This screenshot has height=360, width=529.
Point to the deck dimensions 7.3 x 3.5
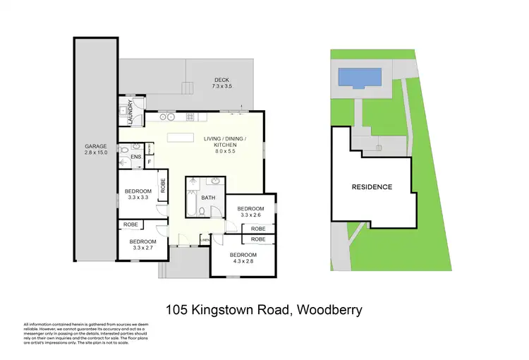222,86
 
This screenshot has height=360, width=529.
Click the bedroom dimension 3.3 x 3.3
138,198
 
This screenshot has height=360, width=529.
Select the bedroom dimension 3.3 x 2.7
142,248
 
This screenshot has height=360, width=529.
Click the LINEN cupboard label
205,241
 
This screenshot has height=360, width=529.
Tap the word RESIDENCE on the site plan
372,187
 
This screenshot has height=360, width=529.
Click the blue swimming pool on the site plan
360,76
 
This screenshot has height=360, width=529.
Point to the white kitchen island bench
180,138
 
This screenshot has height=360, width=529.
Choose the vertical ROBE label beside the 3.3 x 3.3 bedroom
163,186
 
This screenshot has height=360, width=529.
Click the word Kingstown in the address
224,309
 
